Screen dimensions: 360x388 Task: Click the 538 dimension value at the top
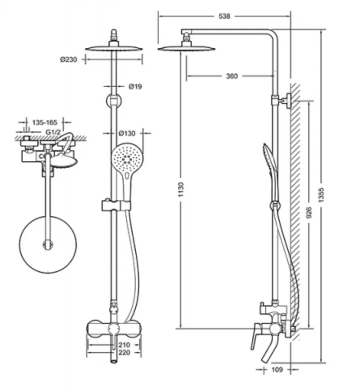(x=224, y=16)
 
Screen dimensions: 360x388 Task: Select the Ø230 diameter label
(x=69, y=60)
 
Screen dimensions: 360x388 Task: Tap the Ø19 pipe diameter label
(x=135, y=86)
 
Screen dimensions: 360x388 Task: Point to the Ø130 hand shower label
(x=127, y=134)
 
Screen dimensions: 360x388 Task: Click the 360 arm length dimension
(x=232, y=76)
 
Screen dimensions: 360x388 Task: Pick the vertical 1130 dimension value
(x=181, y=190)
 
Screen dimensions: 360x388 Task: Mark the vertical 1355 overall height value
(x=321, y=195)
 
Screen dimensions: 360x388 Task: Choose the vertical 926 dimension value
(x=309, y=213)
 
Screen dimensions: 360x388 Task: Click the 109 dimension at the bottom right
(x=277, y=370)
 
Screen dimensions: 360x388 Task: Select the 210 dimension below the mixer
(x=124, y=345)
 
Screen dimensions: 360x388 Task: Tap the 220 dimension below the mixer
(x=124, y=352)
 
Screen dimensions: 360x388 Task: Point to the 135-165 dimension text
(x=44, y=122)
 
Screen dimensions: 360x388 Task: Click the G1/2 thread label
(x=53, y=132)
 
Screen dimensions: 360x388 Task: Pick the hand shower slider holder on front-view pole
(x=116, y=205)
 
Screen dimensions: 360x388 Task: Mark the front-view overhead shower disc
(x=114, y=48)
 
